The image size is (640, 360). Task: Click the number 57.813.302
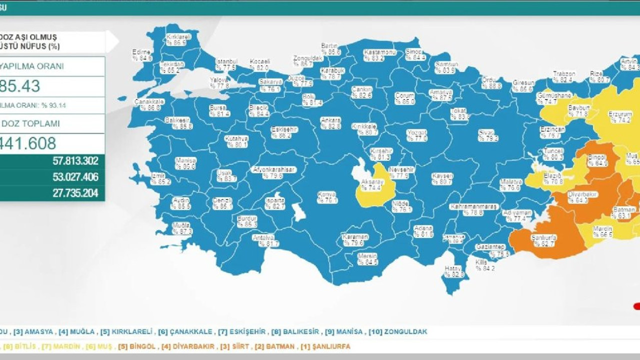[75, 161]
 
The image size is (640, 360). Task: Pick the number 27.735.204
[75, 193]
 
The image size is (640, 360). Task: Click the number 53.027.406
[75, 177]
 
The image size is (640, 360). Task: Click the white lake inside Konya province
[299, 212]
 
